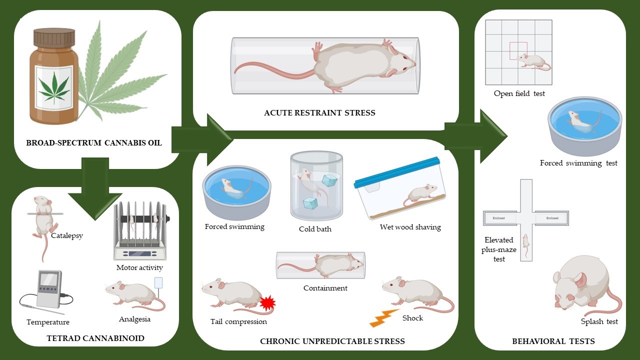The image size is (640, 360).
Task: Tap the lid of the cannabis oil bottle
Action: [54, 37]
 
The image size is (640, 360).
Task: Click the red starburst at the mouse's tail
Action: [268, 303]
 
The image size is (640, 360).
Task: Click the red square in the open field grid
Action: [518, 51]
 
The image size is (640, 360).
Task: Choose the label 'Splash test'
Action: [599, 321]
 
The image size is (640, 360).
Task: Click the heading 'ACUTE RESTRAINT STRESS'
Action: [319, 113]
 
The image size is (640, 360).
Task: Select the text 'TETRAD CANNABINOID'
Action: [95, 338]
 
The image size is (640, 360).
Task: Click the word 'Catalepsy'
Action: [67, 235]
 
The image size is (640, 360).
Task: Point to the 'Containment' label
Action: [325, 288]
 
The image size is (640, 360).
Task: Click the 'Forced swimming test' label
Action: [578, 163]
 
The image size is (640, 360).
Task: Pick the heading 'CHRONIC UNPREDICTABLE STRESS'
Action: [332, 341]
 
